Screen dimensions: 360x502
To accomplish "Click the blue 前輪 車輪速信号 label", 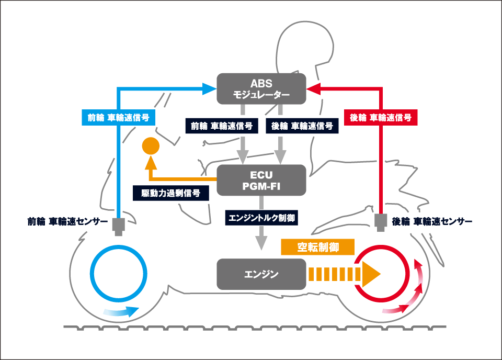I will [119, 118].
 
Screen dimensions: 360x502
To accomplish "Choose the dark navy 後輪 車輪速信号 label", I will [302, 126].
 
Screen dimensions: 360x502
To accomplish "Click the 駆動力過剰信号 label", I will [170, 193].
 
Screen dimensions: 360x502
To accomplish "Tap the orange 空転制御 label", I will [318, 247].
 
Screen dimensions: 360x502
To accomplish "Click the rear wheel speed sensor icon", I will [381, 222].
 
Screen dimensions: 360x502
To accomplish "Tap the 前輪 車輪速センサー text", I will [68, 221].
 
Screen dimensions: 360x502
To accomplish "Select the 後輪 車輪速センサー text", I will [432, 221].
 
